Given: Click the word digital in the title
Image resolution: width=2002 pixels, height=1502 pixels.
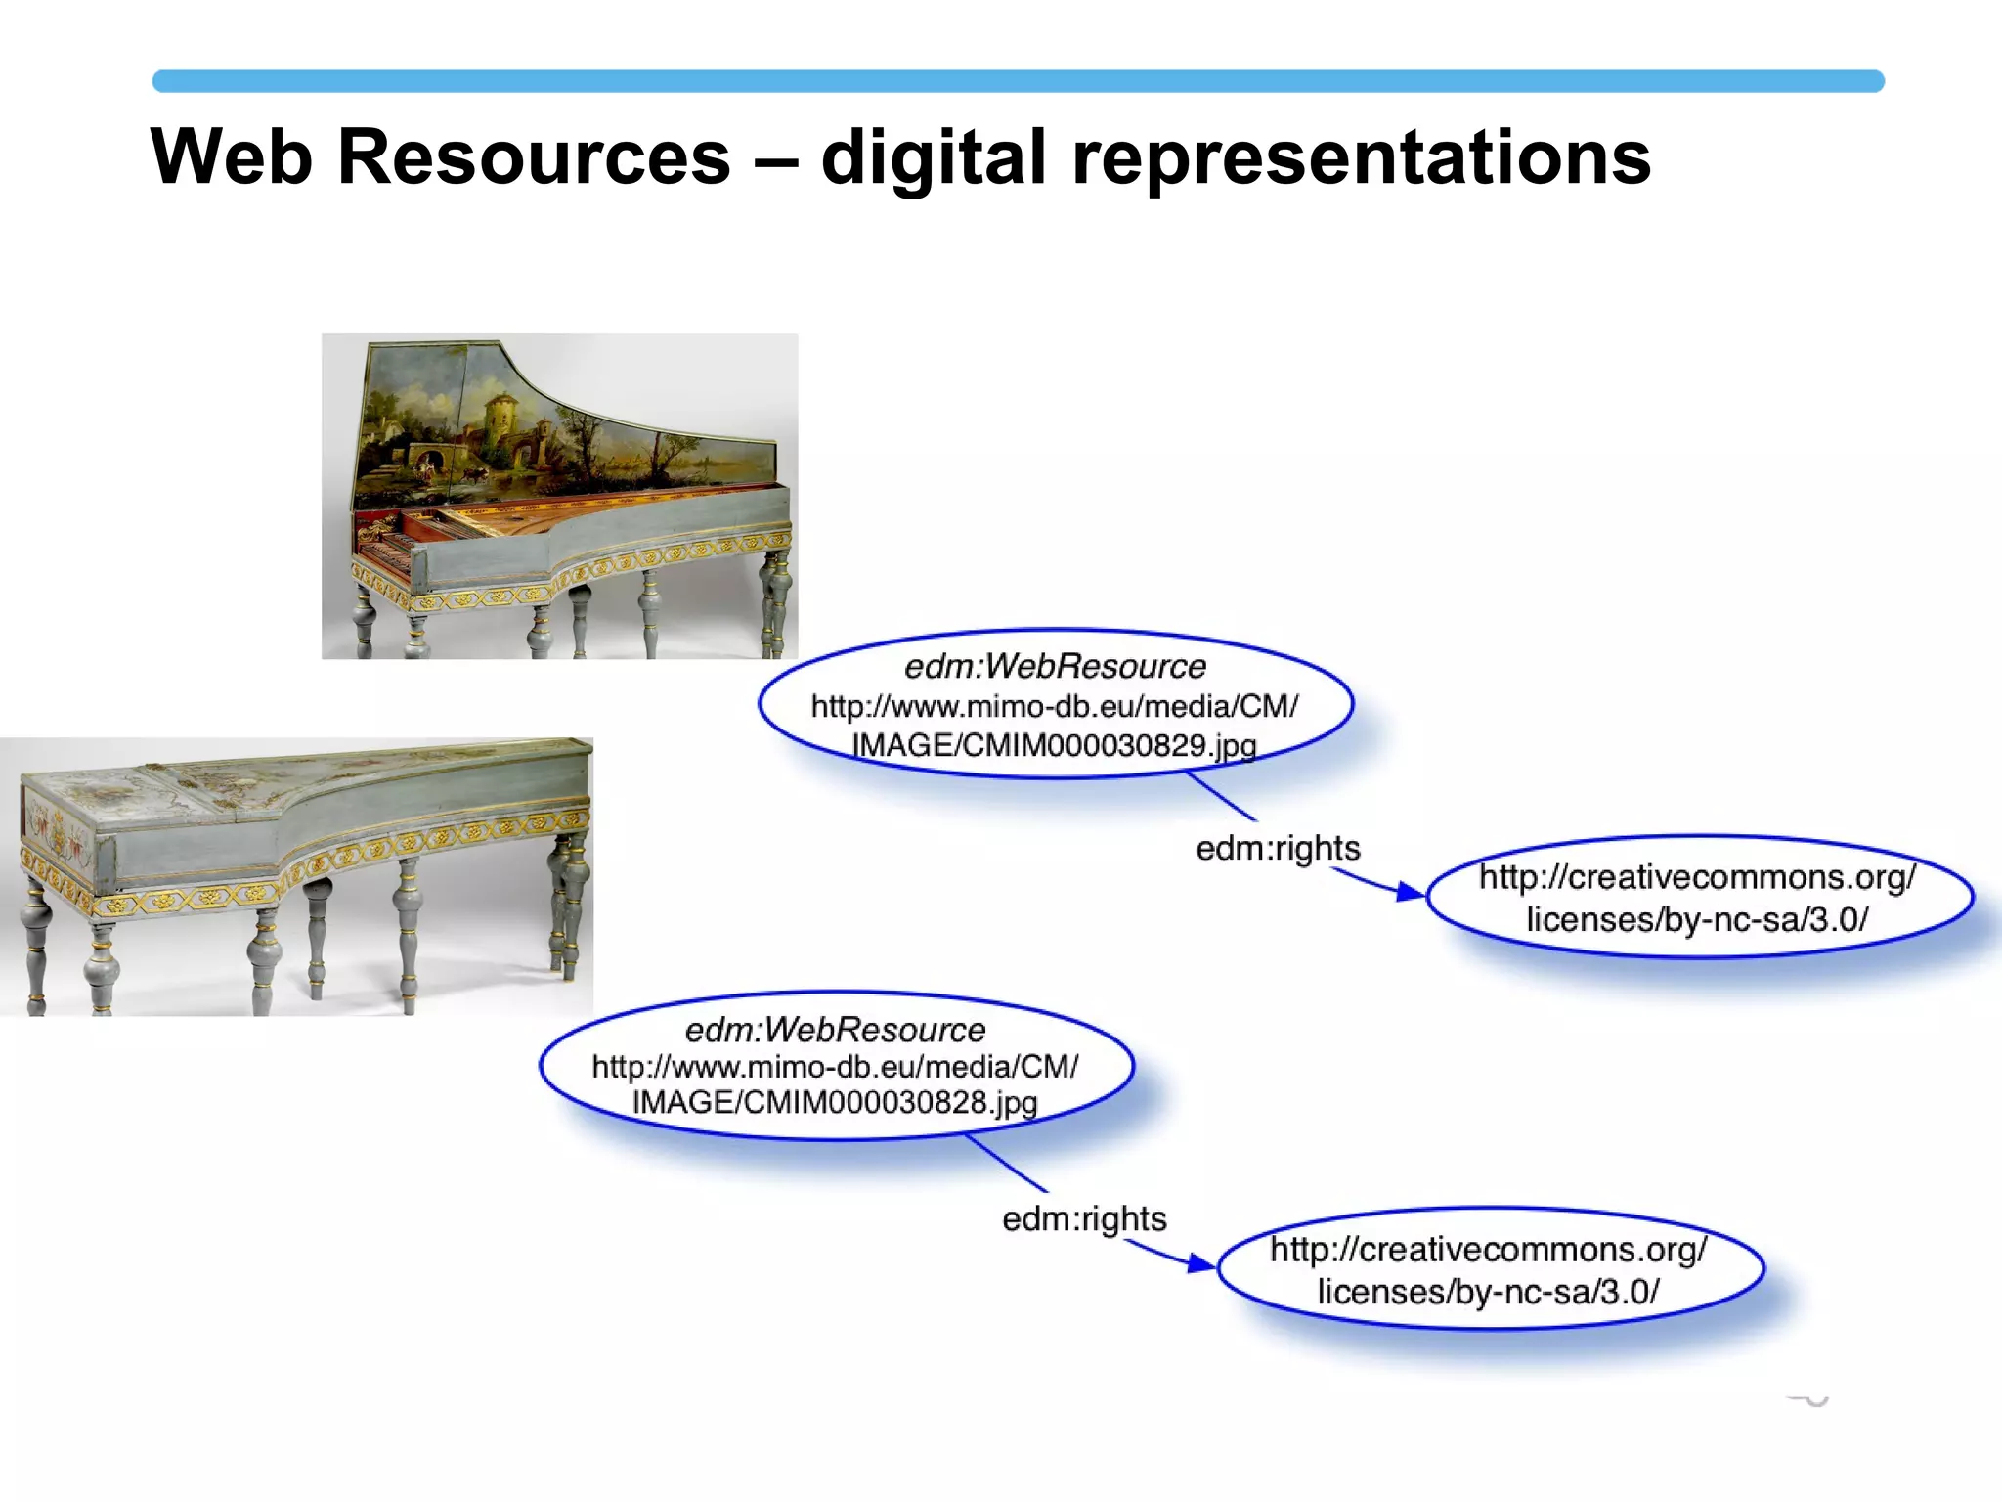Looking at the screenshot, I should click(x=934, y=158).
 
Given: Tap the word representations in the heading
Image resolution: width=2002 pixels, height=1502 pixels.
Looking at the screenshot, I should click(x=1361, y=158).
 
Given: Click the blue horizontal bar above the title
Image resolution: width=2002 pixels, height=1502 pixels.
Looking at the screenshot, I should click(x=1017, y=81).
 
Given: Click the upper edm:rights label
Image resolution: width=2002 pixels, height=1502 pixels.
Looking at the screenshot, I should click(x=1278, y=849).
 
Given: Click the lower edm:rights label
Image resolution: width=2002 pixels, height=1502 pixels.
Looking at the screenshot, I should click(x=1084, y=1219).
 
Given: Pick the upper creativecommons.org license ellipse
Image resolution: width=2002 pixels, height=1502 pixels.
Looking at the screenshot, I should click(x=1698, y=898).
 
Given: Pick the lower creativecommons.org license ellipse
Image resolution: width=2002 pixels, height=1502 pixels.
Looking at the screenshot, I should click(x=1489, y=1270).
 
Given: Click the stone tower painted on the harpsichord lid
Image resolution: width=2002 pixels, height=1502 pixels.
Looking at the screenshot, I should click(x=501, y=416).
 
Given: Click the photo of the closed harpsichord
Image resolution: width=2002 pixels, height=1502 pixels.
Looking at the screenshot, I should click(x=296, y=875).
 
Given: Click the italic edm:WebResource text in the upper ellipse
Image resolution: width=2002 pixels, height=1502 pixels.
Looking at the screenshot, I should click(x=1055, y=667).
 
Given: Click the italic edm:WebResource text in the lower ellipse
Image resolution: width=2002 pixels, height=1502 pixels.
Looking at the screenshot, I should click(x=836, y=1030).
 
